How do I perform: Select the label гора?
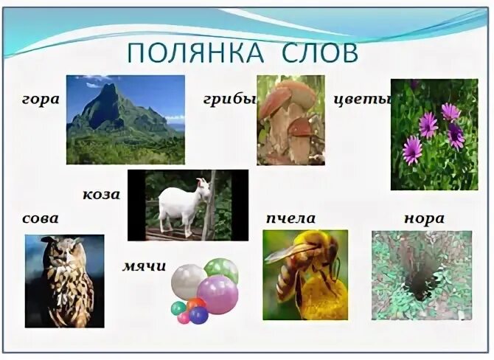(x=41, y=100)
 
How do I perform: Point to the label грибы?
(x=228, y=100)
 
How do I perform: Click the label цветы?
(x=361, y=100)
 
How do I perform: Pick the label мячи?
(x=144, y=266)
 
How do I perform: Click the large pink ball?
(x=218, y=294)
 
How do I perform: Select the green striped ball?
(x=221, y=269)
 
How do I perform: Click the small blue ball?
(x=198, y=315)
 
